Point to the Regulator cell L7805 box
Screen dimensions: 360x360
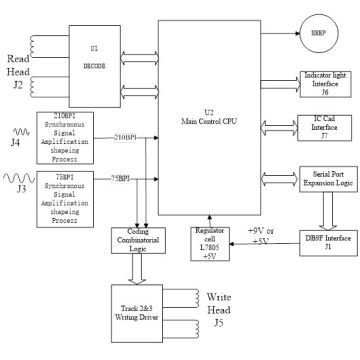[x=210, y=239]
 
